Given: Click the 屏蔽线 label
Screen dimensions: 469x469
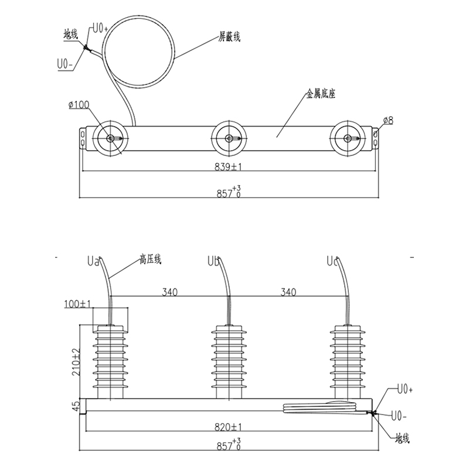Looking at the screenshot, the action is point(229,37).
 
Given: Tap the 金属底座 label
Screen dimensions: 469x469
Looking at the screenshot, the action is point(320,94).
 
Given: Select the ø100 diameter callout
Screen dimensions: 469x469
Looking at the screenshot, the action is point(79,105).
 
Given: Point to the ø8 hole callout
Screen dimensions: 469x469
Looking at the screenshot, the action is point(388,121).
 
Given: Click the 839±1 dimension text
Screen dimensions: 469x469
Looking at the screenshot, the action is point(228,166).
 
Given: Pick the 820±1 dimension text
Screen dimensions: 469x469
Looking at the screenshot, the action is point(228,427).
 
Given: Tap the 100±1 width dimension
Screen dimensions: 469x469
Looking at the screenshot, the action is point(77,304).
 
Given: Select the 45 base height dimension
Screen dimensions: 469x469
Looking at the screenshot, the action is point(76,406).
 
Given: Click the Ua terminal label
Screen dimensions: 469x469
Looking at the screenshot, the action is point(93,261).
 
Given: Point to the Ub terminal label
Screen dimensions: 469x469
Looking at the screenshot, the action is point(213,261).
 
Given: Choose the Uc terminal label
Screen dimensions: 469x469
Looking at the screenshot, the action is point(332,261).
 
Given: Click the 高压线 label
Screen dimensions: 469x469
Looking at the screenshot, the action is point(150,259).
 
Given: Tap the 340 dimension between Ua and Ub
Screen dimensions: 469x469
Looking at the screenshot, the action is point(169,292).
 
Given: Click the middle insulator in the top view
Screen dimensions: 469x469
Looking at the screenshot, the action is point(229,138).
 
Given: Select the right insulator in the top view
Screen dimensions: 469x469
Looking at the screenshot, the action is point(348,138).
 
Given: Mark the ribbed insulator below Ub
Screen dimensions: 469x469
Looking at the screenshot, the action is point(229,362).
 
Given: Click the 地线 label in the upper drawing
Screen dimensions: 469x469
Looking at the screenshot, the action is point(70,35).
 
